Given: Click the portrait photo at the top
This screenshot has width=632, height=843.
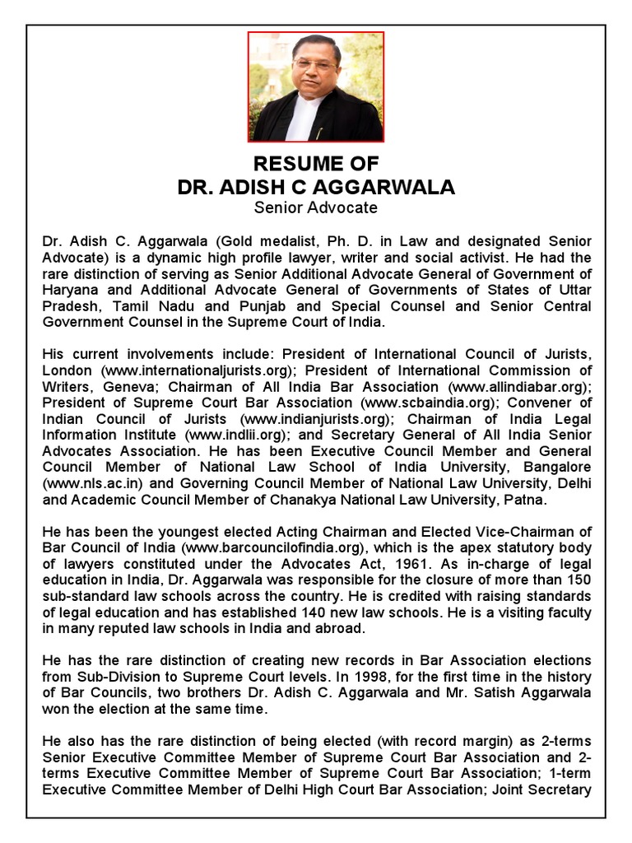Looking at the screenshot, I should pos(316,87).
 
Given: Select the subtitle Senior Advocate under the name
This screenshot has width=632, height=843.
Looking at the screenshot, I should pos(316,207).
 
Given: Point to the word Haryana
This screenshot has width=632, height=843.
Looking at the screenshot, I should pos(71,290).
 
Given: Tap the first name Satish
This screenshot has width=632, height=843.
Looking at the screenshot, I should pos(486,692).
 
